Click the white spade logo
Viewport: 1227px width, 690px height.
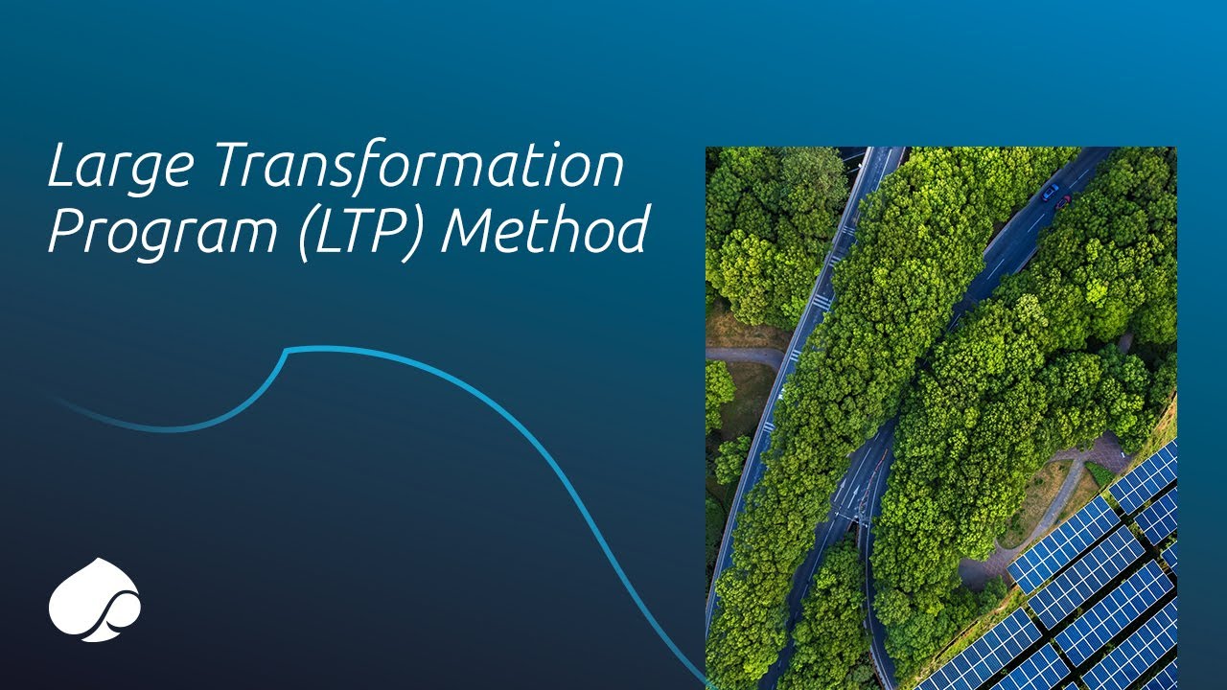94,599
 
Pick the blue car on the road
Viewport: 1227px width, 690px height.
1052,192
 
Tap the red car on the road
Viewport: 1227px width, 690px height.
1062,202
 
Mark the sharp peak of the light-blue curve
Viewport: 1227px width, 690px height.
288,351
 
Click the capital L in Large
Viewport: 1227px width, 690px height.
59,167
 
